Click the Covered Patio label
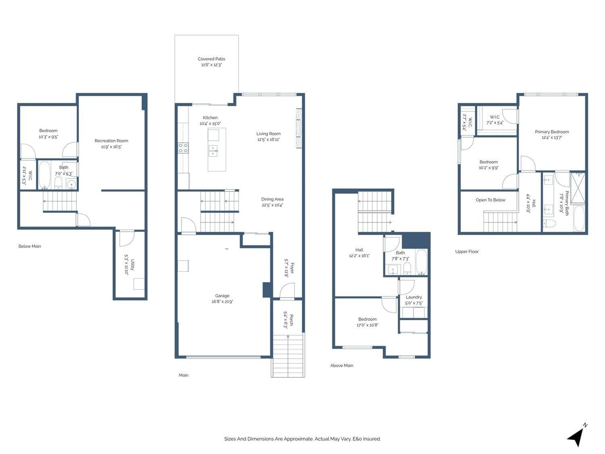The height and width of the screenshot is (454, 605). (211, 59)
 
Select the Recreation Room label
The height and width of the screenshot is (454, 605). (111, 141)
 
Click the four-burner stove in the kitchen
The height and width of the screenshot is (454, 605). (183, 148)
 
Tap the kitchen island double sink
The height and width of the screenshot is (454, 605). (213, 151)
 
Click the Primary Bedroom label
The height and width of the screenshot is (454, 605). (552, 132)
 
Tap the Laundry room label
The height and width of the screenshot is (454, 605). (414, 297)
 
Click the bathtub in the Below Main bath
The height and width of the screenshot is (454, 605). (44, 175)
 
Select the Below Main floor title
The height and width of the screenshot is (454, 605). (29, 246)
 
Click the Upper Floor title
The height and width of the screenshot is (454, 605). (467, 251)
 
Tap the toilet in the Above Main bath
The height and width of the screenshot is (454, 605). (407, 268)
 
